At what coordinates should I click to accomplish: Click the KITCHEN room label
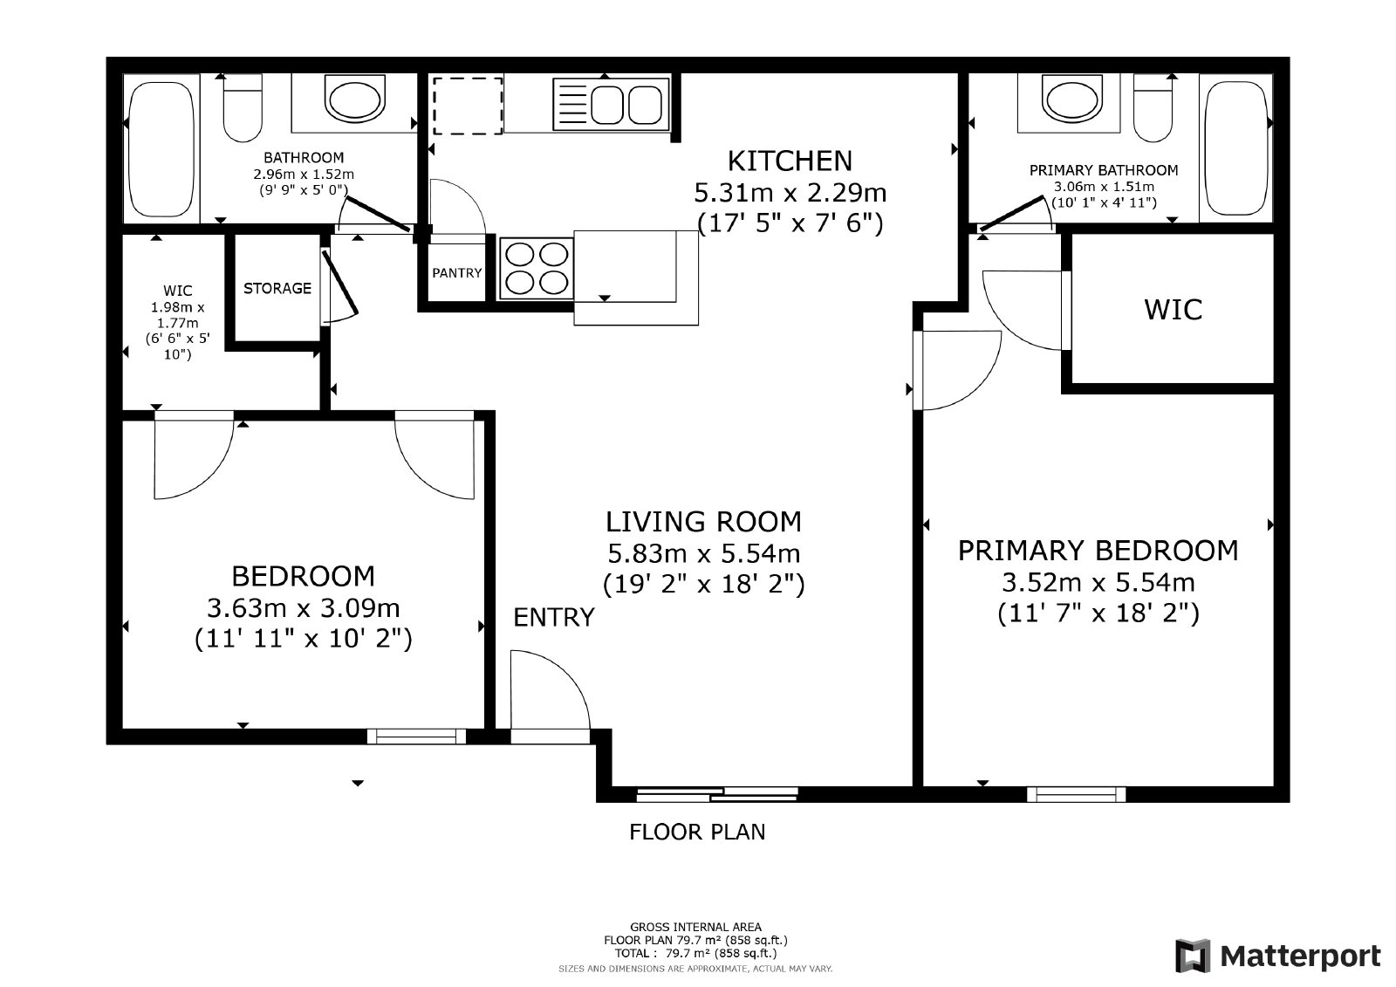click(790, 161)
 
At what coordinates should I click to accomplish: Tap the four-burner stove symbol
click(536, 268)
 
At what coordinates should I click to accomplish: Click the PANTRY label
click(456, 273)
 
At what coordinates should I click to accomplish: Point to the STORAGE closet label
click(277, 288)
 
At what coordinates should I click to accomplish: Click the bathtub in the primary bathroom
click(1235, 148)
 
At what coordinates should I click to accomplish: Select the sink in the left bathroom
click(353, 99)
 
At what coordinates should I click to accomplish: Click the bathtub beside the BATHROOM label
click(161, 148)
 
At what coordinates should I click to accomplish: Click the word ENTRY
click(553, 618)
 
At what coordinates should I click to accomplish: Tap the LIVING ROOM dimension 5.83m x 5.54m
click(703, 553)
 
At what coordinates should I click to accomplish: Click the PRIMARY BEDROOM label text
click(1098, 551)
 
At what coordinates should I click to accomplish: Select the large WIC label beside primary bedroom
click(1173, 310)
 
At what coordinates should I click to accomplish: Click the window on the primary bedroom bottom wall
click(1076, 794)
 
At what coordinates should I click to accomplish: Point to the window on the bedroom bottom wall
click(416, 737)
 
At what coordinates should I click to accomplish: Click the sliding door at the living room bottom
click(717, 794)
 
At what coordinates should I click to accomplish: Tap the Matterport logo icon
click(1193, 956)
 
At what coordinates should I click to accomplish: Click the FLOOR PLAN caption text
click(697, 832)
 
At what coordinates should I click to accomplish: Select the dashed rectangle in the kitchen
click(469, 105)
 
